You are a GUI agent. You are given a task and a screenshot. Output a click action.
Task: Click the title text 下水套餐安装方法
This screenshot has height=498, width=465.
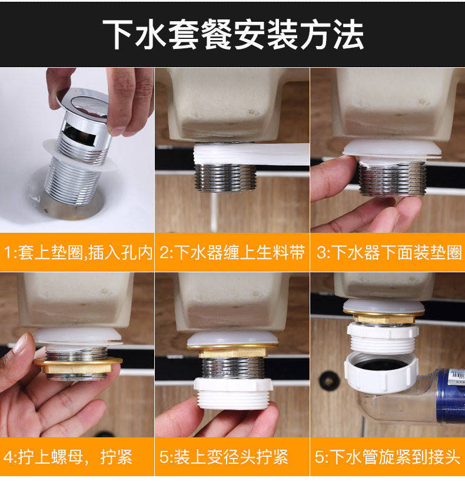[x=233, y=34]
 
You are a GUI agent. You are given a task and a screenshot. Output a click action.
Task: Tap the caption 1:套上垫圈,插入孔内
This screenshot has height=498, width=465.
[x=78, y=252]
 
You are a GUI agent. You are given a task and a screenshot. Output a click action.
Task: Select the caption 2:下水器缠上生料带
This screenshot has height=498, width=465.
[x=232, y=252]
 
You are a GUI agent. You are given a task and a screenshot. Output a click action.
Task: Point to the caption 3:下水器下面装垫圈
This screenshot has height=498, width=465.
[x=389, y=252]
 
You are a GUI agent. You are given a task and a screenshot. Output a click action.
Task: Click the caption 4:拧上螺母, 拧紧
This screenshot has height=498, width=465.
[x=68, y=457]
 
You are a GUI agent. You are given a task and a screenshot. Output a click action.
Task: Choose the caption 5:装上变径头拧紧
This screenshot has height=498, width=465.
[x=224, y=457]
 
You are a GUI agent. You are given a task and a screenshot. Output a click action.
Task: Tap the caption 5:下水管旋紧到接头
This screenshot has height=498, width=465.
[x=387, y=457]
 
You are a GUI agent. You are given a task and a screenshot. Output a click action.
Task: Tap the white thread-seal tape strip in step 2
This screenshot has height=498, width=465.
[x=251, y=154]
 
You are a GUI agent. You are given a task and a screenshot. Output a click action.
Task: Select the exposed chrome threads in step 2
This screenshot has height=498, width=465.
[x=225, y=177]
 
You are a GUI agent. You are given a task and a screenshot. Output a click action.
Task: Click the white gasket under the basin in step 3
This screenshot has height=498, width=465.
[x=392, y=149]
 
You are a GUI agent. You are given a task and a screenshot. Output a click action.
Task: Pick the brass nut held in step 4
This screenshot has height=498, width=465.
[x=77, y=365]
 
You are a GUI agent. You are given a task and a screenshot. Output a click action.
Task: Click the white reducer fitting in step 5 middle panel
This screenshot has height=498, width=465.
[x=234, y=393]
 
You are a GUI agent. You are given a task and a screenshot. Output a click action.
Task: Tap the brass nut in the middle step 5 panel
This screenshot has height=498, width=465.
[x=233, y=351]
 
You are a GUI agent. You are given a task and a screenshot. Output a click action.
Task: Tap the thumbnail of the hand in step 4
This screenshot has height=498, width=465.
[x=20, y=344]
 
